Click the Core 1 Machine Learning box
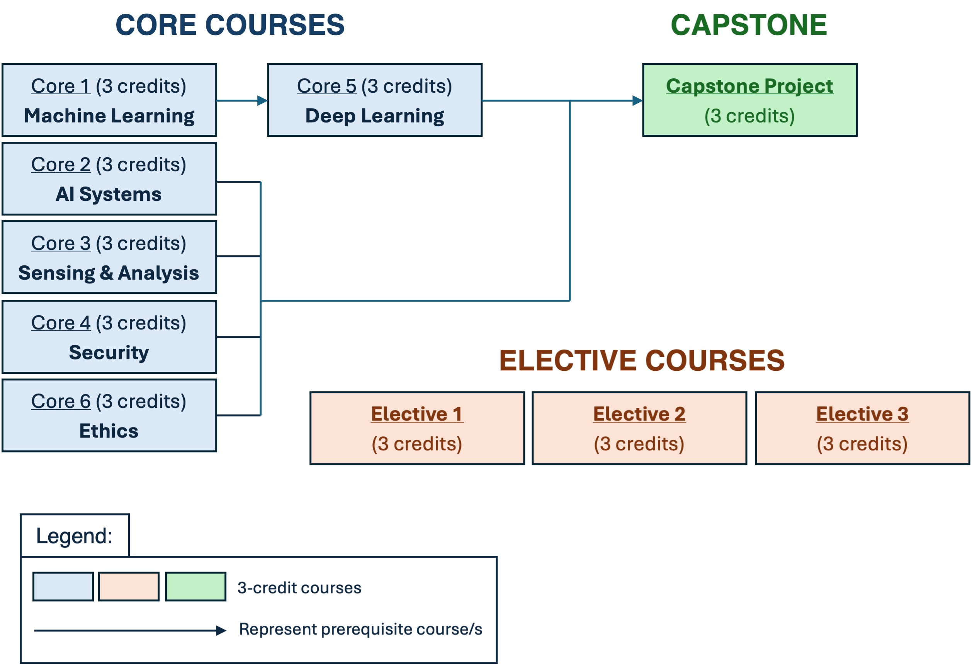click(109, 100)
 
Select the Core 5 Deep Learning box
click(374, 100)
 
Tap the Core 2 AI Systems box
click(109, 178)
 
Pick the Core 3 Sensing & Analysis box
click(109, 257)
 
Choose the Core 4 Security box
click(109, 337)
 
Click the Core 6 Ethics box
click(109, 415)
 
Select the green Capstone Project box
click(749, 100)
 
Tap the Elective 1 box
click(417, 428)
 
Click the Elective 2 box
click(639, 428)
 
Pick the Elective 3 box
click(862, 428)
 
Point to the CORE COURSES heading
click(230, 25)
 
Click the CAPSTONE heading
click(749, 25)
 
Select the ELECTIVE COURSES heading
click(642, 360)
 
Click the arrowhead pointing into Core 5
click(263, 101)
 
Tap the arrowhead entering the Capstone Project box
click(637, 101)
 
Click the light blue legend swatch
click(63, 587)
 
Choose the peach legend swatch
click(129, 587)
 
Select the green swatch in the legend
click(195, 587)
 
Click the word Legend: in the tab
click(75, 536)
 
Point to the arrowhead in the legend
click(221, 630)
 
